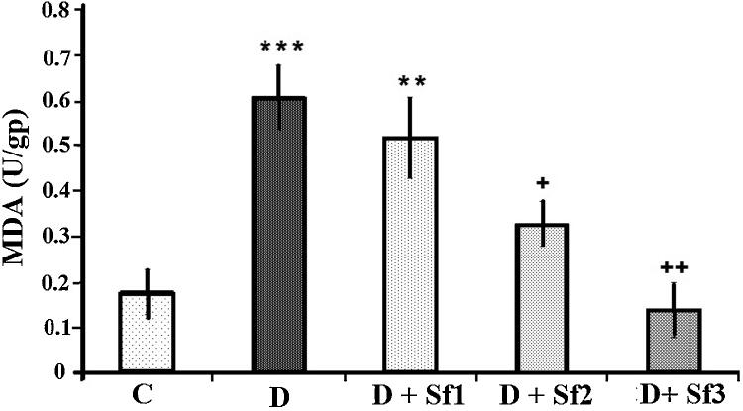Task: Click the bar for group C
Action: (147, 333)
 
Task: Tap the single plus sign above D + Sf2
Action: (540, 184)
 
